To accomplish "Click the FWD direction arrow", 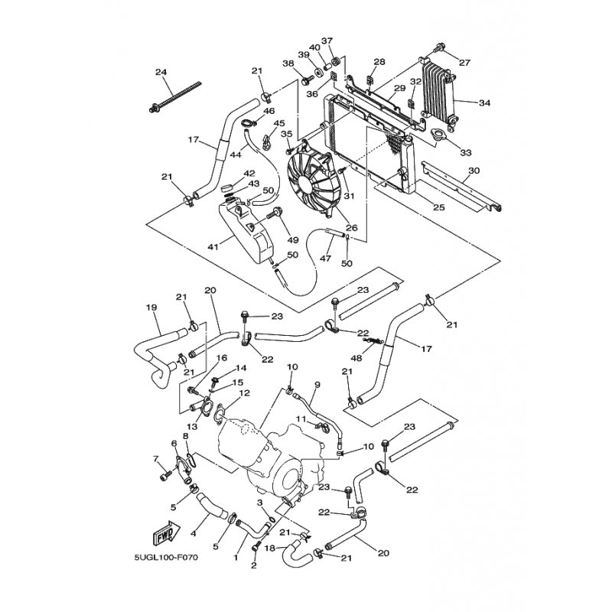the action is tap(167, 533).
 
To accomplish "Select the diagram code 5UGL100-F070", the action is tap(166, 557).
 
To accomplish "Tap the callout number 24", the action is tap(161, 72).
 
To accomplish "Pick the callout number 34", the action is tap(484, 103).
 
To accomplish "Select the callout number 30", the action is tap(474, 171).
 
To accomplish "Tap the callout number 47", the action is tap(326, 259).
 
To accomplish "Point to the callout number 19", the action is tap(151, 308).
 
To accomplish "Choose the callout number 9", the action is tap(317, 386).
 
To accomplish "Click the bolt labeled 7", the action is tap(165, 475).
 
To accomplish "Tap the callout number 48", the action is tap(356, 357).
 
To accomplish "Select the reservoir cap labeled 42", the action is tap(229, 187).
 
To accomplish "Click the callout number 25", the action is tap(439, 207).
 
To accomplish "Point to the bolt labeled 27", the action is tap(440, 47).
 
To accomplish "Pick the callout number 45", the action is tap(279, 123).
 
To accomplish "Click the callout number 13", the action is tap(192, 427).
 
